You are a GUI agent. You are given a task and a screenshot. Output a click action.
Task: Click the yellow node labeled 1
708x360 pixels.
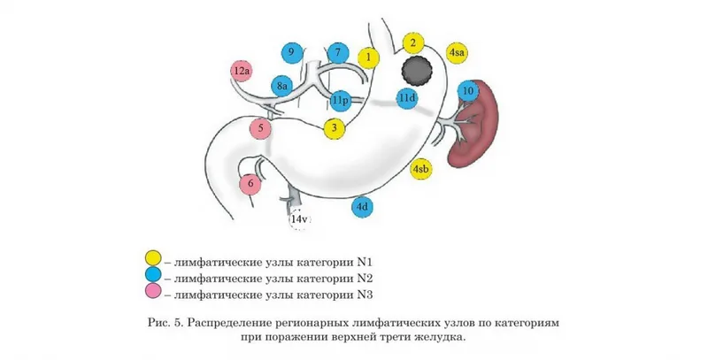click(x=368, y=57)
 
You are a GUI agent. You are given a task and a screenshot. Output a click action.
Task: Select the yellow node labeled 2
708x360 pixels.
click(x=412, y=43)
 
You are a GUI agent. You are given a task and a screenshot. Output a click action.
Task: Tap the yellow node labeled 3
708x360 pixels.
click(x=335, y=128)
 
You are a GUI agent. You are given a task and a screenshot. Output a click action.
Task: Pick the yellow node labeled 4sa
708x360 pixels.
click(x=457, y=53)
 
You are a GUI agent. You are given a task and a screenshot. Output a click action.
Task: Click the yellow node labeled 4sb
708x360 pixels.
click(x=420, y=169)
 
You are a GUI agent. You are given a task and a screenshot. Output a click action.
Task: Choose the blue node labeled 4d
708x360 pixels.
click(x=362, y=207)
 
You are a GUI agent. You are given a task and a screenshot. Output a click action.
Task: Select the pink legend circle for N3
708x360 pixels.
click(x=153, y=292)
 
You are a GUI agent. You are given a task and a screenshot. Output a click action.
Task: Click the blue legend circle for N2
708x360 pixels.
click(x=153, y=275)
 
